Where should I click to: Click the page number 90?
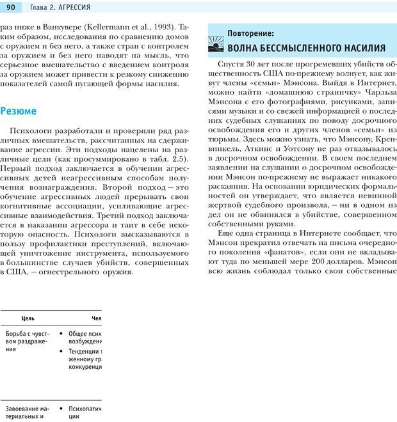point(10,7)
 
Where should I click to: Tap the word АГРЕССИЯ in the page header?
point(72,7)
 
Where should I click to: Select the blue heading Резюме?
point(19,111)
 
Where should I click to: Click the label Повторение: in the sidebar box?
point(250,33)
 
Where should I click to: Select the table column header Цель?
point(28,318)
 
